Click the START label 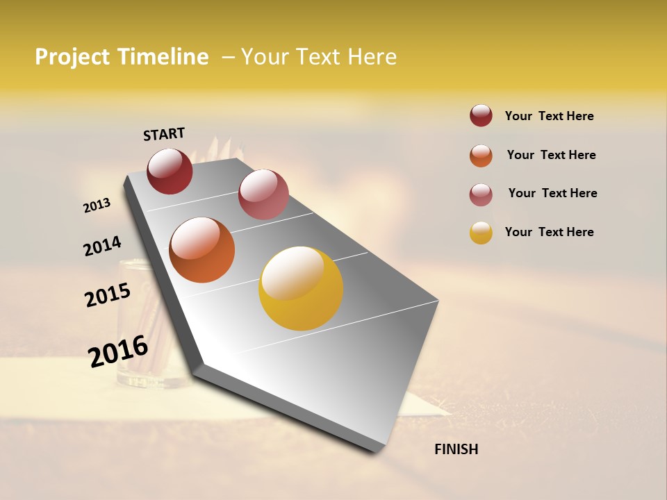[x=164, y=134]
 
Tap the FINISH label [x=456, y=449]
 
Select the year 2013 [x=97, y=206]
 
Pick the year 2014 [x=102, y=246]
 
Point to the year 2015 [x=108, y=295]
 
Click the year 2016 [x=118, y=351]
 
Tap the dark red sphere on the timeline [x=170, y=172]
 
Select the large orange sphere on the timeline [x=201, y=250]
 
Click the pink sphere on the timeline [x=263, y=194]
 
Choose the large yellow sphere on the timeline [x=301, y=288]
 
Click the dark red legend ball [x=481, y=116]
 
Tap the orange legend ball [x=481, y=156]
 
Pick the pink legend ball [x=481, y=194]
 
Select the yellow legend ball [x=481, y=233]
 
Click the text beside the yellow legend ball [x=549, y=232]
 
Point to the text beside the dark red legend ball [x=549, y=116]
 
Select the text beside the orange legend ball [x=551, y=155]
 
